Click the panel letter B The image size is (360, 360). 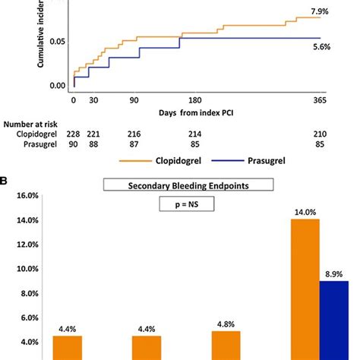6,182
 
